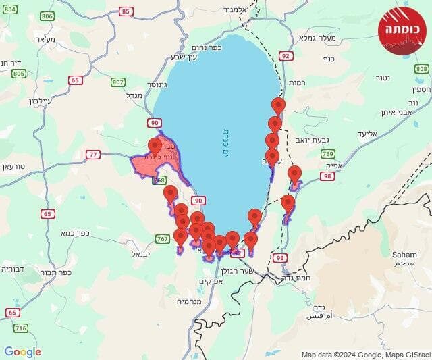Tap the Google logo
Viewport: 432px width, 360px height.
(22, 352)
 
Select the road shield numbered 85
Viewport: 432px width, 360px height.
(126, 11)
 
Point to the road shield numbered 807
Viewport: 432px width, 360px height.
(119, 82)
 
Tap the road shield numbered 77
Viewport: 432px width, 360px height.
(93, 155)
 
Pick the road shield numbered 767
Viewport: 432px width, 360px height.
(163, 239)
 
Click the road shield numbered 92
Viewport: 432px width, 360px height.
(286, 57)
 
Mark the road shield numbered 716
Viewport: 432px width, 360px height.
(20, 328)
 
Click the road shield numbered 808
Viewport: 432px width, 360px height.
(422, 69)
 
